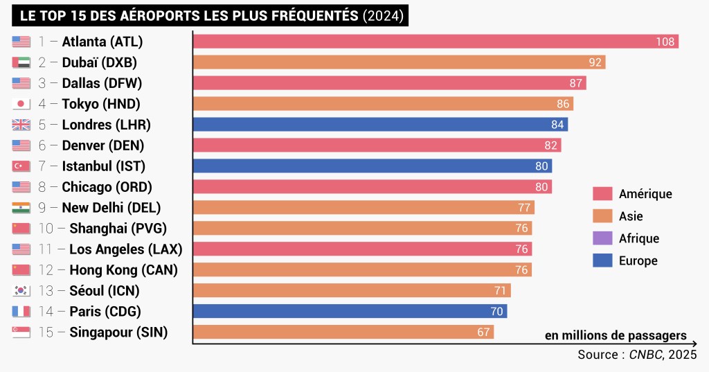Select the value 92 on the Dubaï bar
point(595,62)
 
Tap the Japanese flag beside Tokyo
point(21,104)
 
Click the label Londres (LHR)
point(106,125)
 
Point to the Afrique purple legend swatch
point(603,238)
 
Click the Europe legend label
point(638,260)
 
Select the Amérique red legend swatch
point(603,194)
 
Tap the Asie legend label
point(631,216)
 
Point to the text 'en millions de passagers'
point(616,336)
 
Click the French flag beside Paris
point(21,312)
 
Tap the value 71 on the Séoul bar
point(501,291)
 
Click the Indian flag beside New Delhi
point(21,208)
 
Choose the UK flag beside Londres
point(21,125)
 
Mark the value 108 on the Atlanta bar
point(665,42)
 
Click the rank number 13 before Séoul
point(46,291)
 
